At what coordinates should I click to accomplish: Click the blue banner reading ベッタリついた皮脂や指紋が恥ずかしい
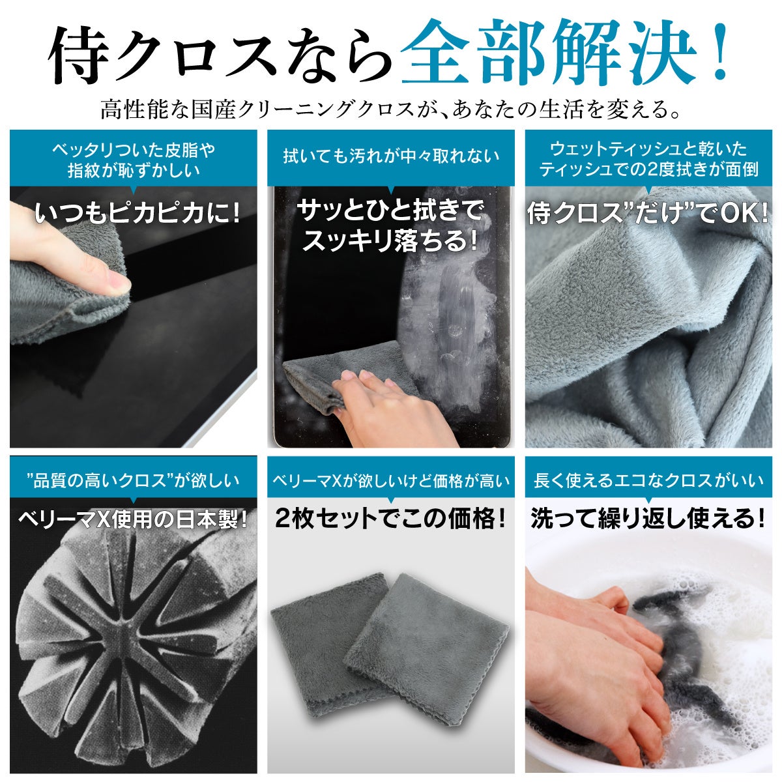coord(134,158)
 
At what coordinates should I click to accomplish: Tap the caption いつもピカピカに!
coord(137,213)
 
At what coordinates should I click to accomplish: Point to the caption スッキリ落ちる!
coord(390,241)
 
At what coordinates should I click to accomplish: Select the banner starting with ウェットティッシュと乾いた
coord(648,158)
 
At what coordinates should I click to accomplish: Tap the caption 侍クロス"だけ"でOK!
coord(648,214)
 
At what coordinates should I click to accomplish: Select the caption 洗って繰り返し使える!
coord(648,519)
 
